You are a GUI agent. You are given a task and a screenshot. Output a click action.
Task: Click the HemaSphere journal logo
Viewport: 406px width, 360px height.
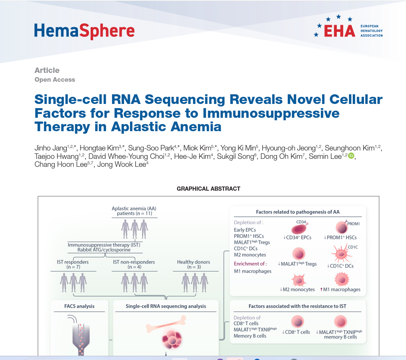[x=84, y=31]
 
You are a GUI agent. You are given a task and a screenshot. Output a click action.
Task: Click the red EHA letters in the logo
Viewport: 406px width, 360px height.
[x=339, y=31]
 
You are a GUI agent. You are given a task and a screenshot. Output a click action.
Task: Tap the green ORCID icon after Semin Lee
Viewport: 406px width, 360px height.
[x=351, y=156]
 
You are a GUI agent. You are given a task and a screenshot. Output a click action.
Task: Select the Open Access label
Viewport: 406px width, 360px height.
[x=55, y=80]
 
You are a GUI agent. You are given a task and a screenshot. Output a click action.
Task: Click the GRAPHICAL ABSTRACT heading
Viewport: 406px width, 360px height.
[x=208, y=189]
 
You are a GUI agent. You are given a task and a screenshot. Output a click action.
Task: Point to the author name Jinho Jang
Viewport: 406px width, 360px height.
[x=51, y=148]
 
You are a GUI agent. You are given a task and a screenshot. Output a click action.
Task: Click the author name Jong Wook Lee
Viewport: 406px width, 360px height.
[x=122, y=164]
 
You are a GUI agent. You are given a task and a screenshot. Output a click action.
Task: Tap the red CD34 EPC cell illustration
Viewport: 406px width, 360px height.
[x=299, y=228]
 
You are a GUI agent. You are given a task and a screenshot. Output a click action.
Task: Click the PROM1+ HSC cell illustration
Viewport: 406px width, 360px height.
[x=342, y=228]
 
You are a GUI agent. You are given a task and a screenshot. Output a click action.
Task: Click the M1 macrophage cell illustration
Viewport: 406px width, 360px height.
[x=342, y=280]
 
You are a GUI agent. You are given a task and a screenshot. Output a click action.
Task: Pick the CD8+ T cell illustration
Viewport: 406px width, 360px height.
[x=297, y=322]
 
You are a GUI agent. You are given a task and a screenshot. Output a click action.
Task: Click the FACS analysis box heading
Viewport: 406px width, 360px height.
[x=79, y=306]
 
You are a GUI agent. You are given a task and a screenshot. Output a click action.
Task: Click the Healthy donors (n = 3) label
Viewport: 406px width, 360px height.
[x=194, y=264]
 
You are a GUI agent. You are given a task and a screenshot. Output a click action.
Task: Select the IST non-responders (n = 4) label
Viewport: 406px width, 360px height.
[x=134, y=264]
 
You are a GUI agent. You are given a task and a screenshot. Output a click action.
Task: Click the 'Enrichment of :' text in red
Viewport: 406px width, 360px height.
[x=250, y=264]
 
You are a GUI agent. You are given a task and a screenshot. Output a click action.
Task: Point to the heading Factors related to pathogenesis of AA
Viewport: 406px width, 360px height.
[x=298, y=212]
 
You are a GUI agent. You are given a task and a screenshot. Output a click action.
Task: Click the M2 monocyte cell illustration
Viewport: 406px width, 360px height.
[x=299, y=280]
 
